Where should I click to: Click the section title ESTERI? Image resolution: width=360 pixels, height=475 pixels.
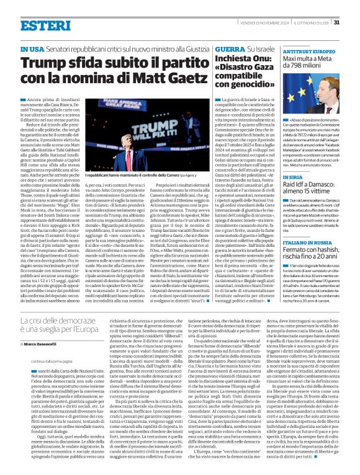click(44, 25)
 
